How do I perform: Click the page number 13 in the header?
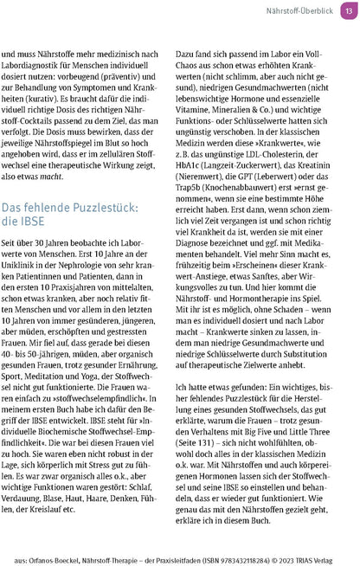(x=347, y=12)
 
